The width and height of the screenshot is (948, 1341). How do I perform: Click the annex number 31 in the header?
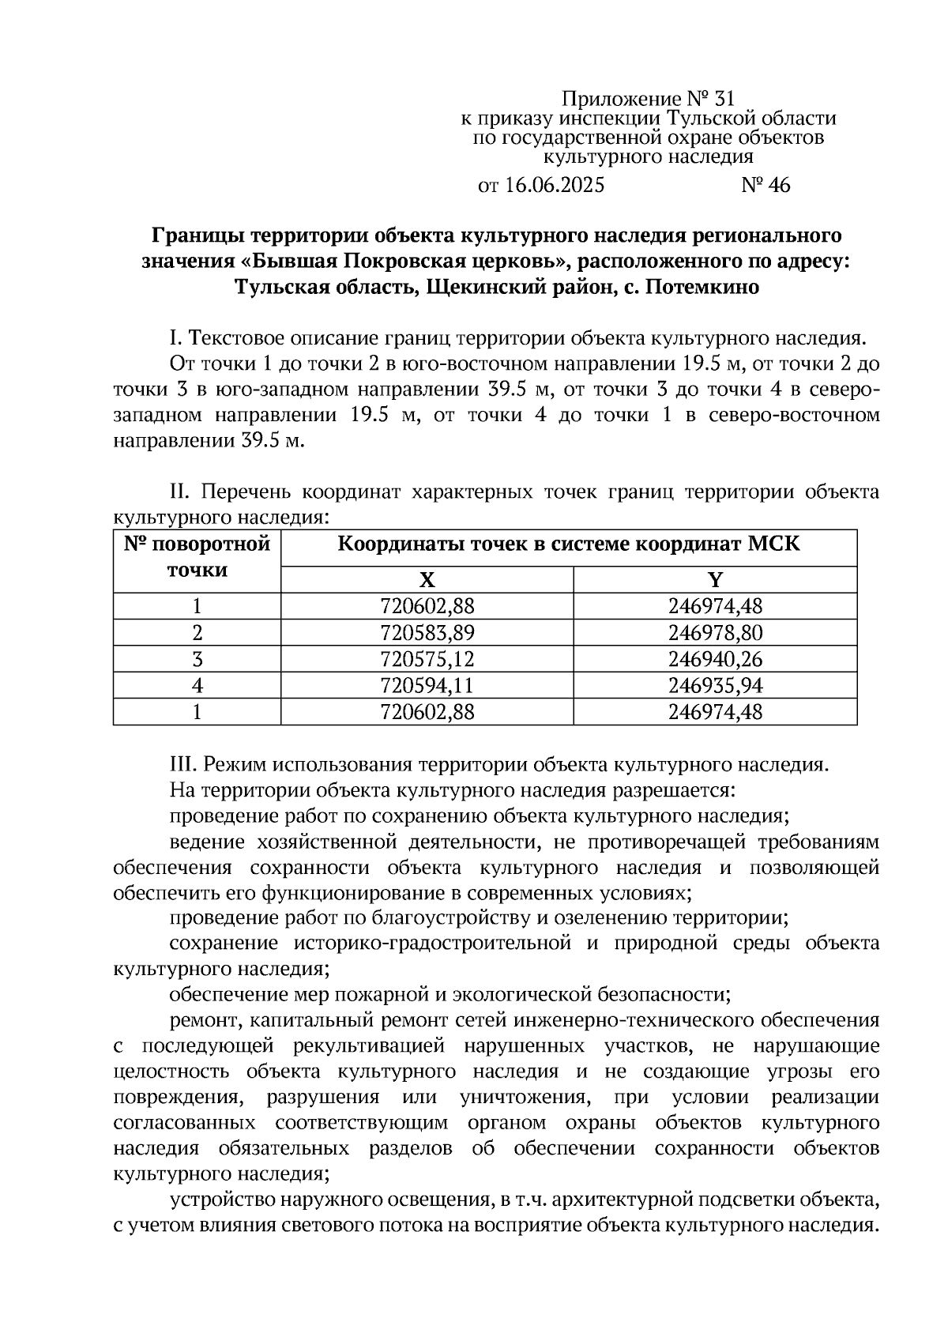pos(724,100)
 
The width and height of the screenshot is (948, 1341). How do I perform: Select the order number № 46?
pos(765,186)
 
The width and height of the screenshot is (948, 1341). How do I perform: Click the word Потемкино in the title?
pos(702,288)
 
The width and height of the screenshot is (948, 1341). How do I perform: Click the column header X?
pos(427,580)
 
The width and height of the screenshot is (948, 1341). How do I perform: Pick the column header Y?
pos(715,580)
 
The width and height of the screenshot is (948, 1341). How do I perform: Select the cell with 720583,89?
pos(427,633)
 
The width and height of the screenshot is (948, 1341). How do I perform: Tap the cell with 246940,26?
pos(715,659)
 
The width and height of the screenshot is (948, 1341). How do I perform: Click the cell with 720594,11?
pos(427,685)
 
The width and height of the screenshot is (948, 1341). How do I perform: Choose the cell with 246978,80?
pos(715,633)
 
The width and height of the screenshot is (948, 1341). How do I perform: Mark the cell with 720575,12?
pos(427,659)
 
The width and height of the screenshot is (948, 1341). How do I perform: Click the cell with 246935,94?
pos(715,685)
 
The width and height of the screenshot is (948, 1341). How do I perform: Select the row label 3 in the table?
pos(197,659)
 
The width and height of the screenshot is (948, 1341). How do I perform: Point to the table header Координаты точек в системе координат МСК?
pos(569,545)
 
